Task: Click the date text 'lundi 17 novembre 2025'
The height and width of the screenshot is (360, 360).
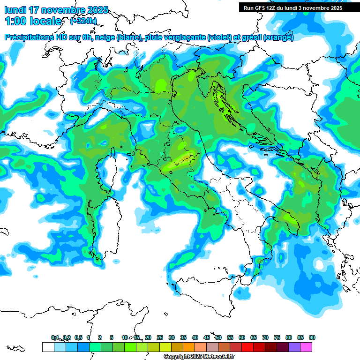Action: (56, 10)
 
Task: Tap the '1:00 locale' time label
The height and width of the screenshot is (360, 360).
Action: (33, 21)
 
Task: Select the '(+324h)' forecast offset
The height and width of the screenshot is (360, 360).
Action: (83, 21)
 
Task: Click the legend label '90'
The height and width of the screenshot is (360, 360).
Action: (312, 337)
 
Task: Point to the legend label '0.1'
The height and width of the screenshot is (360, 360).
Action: (55, 337)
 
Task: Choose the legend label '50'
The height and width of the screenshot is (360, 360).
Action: (218, 337)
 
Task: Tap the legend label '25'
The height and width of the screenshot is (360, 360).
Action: (160, 337)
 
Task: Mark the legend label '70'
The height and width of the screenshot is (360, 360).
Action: (265, 337)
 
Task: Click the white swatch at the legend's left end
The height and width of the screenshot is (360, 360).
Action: (48, 347)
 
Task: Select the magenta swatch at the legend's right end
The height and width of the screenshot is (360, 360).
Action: (307, 347)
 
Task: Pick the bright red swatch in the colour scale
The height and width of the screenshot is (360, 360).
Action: (247, 347)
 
